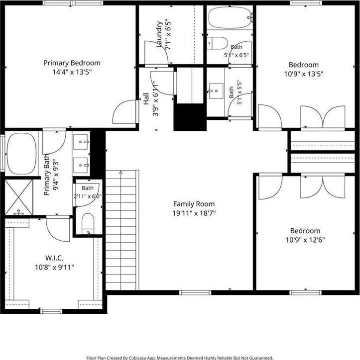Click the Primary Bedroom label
tap(72, 63)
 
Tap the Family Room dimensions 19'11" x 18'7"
tap(194, 213)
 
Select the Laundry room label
tap(159, 34)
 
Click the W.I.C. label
tap(54, 258)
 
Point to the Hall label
tap(146, 98)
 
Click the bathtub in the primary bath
tap(21, 154)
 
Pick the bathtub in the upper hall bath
tap(231, 17)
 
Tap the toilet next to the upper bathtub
tap(217, 43)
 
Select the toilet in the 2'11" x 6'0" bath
tap(88, 224)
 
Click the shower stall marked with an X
tap(18, 197)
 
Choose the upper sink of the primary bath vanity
tap(81, 142)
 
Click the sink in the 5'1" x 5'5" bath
tap(216, 90)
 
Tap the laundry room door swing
tap(157, 53)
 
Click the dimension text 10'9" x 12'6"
tap(305, 240)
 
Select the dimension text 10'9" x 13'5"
tap(304, 74)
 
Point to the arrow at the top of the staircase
tap(120, 172)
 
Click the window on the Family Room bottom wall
tap(195, 292)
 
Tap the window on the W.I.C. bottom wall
tap(51, 311)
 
